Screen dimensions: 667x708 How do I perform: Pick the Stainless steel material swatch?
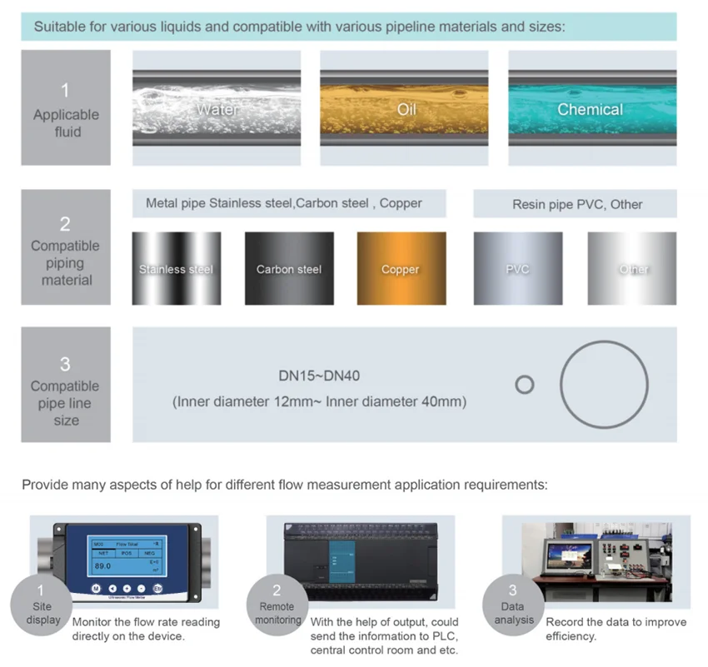coord(177,269)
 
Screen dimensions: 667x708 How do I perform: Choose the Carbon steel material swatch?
coord(289,269)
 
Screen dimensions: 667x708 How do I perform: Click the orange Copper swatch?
coord(401,269)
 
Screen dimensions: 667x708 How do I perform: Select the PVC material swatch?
coord(517,269)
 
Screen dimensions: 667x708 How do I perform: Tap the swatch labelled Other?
coord(632,269)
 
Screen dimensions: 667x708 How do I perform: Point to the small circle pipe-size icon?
coord(524,385)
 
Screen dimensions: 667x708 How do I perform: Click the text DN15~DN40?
coord(320,376)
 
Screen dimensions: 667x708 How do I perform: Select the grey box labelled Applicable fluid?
coord(66,108)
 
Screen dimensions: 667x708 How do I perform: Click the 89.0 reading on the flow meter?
coord(103,566)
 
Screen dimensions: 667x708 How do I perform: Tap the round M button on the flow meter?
coord(96,588)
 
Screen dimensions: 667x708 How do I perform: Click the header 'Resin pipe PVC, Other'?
coord(577,204)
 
